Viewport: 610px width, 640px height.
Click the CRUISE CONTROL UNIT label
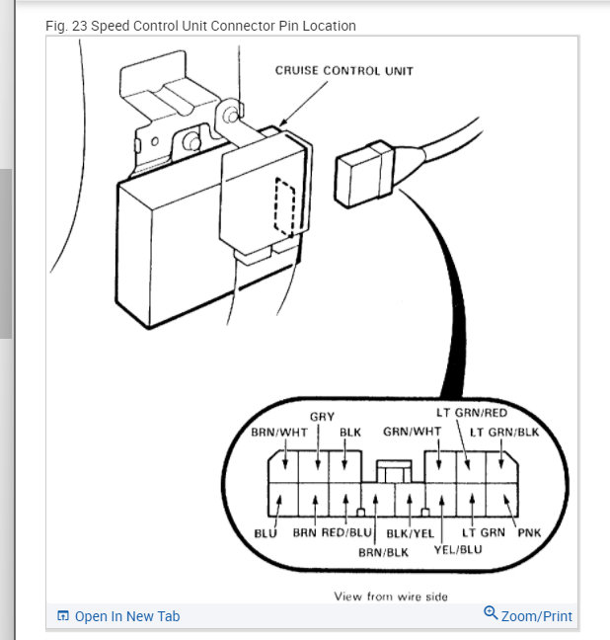343,71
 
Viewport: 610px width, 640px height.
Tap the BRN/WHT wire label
279,433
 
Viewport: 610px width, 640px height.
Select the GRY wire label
322,417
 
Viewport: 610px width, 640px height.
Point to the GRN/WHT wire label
412,433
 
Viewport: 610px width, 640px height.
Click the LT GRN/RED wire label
472,413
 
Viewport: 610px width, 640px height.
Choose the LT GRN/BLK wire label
504,433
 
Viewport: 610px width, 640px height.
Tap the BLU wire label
266,533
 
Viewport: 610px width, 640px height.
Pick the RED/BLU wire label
347,533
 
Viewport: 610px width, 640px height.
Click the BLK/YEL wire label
410,534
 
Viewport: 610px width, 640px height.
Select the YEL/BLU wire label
458,549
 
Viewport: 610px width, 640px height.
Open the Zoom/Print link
536,616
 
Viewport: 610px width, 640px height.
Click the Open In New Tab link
126,616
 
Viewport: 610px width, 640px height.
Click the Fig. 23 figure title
200,25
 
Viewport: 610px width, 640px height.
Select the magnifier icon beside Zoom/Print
491,614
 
